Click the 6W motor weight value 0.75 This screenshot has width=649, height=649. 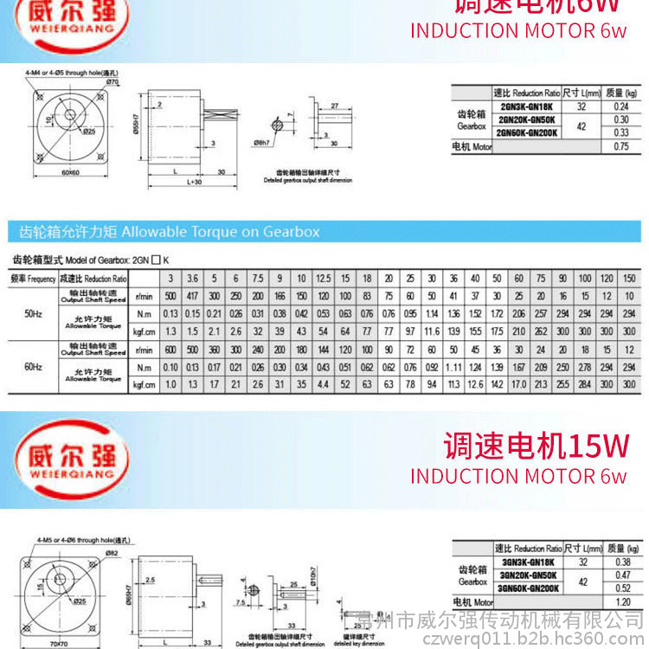click(620, 146)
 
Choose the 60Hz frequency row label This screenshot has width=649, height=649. click(34, 367)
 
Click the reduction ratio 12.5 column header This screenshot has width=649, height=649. click(323, 279)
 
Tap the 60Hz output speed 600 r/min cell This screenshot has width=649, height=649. click(170, 350)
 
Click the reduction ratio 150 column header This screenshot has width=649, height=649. click(628, 279)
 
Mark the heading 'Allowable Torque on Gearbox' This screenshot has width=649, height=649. click(164, 232)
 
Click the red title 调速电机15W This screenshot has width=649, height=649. click(536, 446)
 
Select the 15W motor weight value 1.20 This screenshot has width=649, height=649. click(620, 601)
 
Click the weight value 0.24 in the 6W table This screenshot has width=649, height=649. click(620, 106)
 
